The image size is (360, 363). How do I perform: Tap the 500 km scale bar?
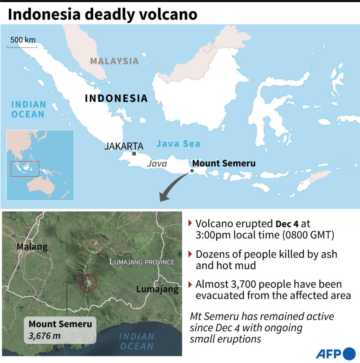pyautogui.click(x=22, y=46)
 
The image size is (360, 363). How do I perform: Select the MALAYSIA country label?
pyautogui.click(x=114, y=61)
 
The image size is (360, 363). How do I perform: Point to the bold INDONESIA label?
pyautogui.click(x=116, y=98)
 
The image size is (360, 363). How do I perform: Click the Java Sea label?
pyautogui.click(x=178, y=144)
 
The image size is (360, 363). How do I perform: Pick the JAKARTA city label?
pyautogui.click(x=124, y=146)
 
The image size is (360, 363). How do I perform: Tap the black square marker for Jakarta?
pyautogui.click(x=134, y=154)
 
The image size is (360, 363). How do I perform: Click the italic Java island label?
pyautogui.click(x=157, y=164)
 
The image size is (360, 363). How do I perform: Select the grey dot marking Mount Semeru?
pyautogui.click(x=192, y=171)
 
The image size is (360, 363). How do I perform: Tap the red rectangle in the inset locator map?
pyautogui.click(x=25, y=169)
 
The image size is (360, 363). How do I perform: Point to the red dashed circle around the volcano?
pyautogui.click(x=88, y=283)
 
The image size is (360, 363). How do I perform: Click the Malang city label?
pyautogui.click(x=32, y=247)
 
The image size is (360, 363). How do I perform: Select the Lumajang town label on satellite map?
pyautogui.click(x=157, y=289)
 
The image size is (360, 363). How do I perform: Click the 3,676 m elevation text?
pyautogui.click(x=44, y=335)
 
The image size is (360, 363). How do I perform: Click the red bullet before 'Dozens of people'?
pyautogui.click(x=190, y=254)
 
